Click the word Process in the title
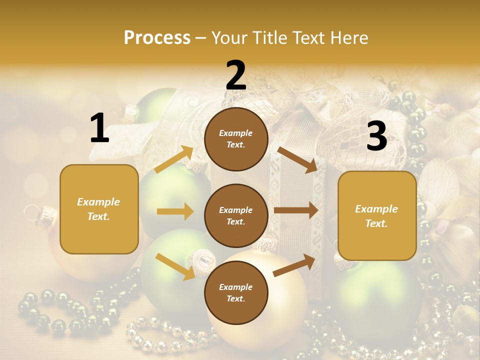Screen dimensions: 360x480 point(157,37)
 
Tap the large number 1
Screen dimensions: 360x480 point(99,128)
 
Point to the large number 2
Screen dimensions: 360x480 point(236,75)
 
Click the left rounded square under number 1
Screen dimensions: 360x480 point(99,209)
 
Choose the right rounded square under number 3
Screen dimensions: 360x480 point(377,215)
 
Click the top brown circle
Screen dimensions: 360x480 point(236,139)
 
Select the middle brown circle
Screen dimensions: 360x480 point(236,215)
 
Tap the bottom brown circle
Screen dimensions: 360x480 point(236,292)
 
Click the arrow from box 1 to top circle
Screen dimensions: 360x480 point(174,159)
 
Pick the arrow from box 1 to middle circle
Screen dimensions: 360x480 point(175,211)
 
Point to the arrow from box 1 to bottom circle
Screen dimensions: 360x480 point(174,266)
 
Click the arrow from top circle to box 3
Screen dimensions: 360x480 point(298,159)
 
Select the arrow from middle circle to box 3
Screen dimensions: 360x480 point(296,210)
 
